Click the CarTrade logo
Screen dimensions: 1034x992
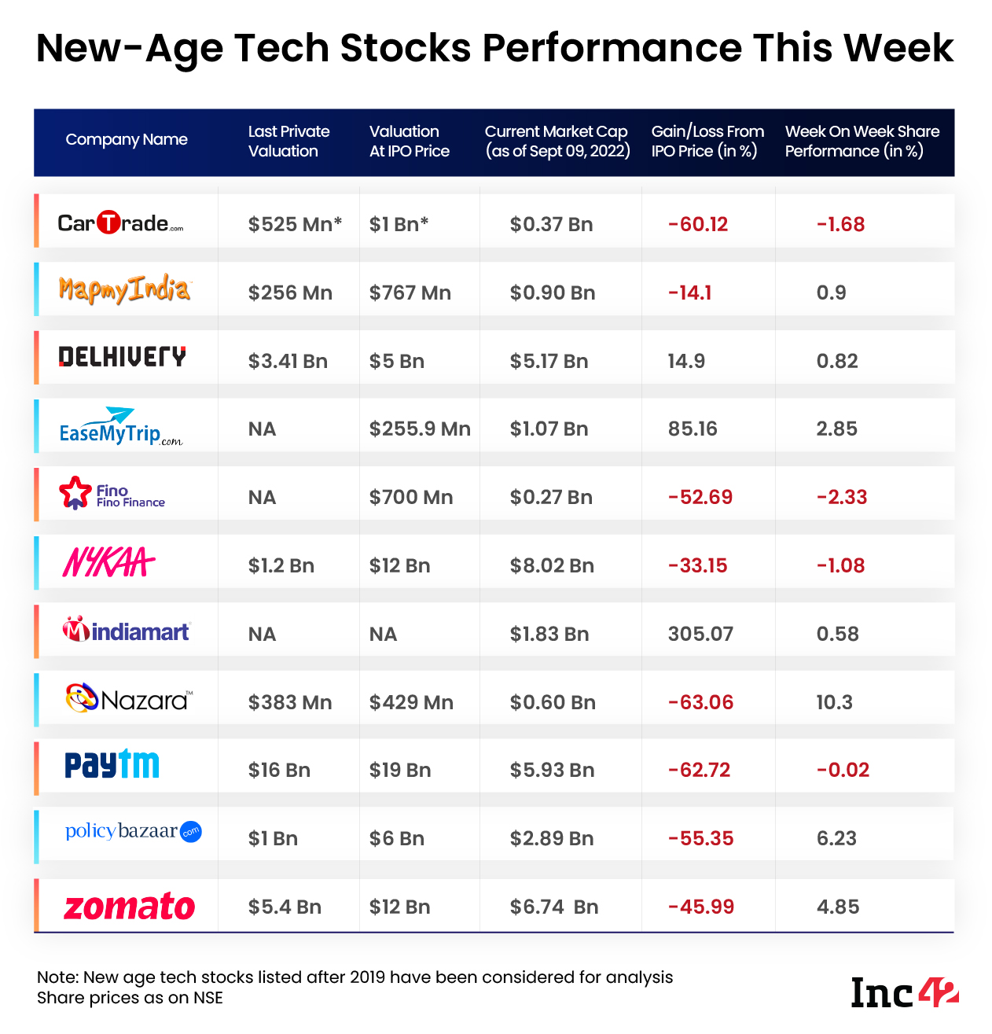pyautogui.click(x=120, y=223)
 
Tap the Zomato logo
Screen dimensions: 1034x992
pyautogui.click(x=129, y=907)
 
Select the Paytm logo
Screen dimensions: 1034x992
pyautogui.click(x=112, y=764)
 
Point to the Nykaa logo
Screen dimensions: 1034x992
pyautogui.click(x=108, y=563)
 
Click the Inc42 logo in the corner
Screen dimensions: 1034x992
pyautogui.click(x=905, y=992)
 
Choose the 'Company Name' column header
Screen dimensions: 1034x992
pyautogui.click(x=127, y=140)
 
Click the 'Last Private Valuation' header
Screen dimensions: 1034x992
pyautogui.click(x=288, y=142)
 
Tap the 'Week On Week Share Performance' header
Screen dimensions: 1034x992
pyautogui.click(x=862, y=142)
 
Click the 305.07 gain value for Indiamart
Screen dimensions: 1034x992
pyautogui.click(x=700, y=634)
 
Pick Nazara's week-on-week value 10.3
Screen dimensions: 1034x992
pyautogui.click(x=834, y=702)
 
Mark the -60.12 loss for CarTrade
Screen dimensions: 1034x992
pyautogui.click(x=698, y=224)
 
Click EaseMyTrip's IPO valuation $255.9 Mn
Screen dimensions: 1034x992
pyautogui.click(x=420, y=429)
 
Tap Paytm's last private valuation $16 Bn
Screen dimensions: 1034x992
pyautogui.click(x=279, y=770)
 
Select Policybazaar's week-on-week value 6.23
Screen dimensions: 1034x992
pyautogui.click(x=836, y=838)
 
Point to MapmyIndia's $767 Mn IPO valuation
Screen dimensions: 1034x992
pyautogui.click(x=410, y=293)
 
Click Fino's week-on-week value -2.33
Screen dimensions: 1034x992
pyautogui.click(x=841, y=497)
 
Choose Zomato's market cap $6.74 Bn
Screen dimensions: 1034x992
pyautogui.click(x=553, y=907)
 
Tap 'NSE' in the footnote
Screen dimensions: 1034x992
pyautogui.click(x=208, y=998)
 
